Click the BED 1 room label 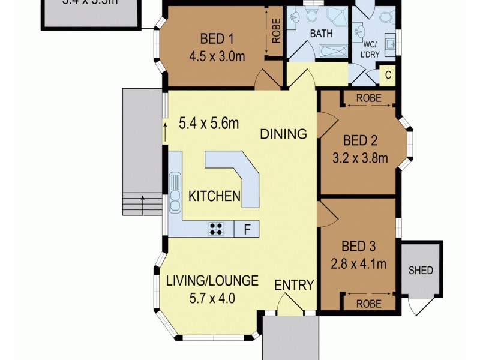(217, 40)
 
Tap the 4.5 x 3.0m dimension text (217, 59)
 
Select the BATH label (321, 34)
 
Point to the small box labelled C (388, 75)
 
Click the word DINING (283, 134)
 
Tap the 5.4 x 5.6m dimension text (209, 124)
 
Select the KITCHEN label (215, 196)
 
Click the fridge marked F (247, 228)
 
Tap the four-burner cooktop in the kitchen (216, 228)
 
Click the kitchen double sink (175, 192)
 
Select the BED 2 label (360, 142)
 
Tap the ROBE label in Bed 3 (368, 304)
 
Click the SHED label (421, 270)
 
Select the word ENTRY (294, 286)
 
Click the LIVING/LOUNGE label (212, 280)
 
